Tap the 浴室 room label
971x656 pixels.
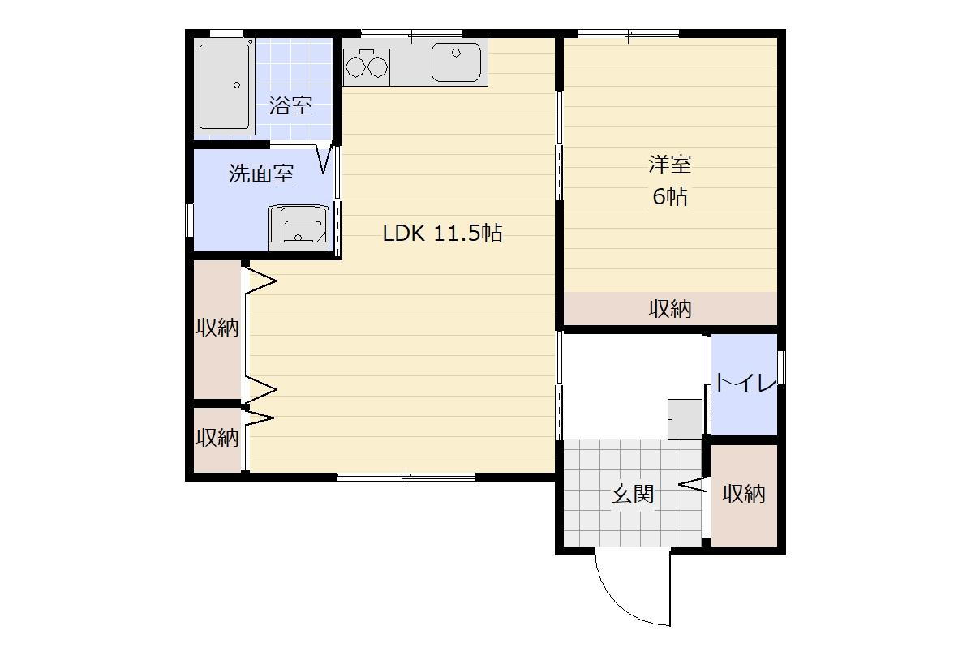click(x=290, y=105)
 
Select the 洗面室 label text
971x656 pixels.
click(x=260, y=174)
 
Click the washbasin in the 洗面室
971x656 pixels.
click(x=298, y=228)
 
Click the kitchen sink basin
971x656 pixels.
click(x=456, y=62)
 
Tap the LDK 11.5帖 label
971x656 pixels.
click(x=442, y=234)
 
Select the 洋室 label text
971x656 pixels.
click(x=669, y=164)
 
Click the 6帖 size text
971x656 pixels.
click(x=669, y=197)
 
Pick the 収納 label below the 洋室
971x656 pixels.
click(x=669, y=308)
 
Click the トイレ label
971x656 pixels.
click(x=745, y=383)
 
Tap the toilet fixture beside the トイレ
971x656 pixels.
click(x=685, y=419)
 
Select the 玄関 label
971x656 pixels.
click(x=632, y=494)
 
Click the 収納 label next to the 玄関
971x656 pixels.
click(x=744, y=494)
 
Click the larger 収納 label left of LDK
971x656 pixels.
click(x=217, y=328)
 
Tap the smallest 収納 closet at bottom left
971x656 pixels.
click(x=217, y=439)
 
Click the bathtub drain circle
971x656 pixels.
click(x=237, y=85)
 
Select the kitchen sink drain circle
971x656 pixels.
click(x=457, y=54)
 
